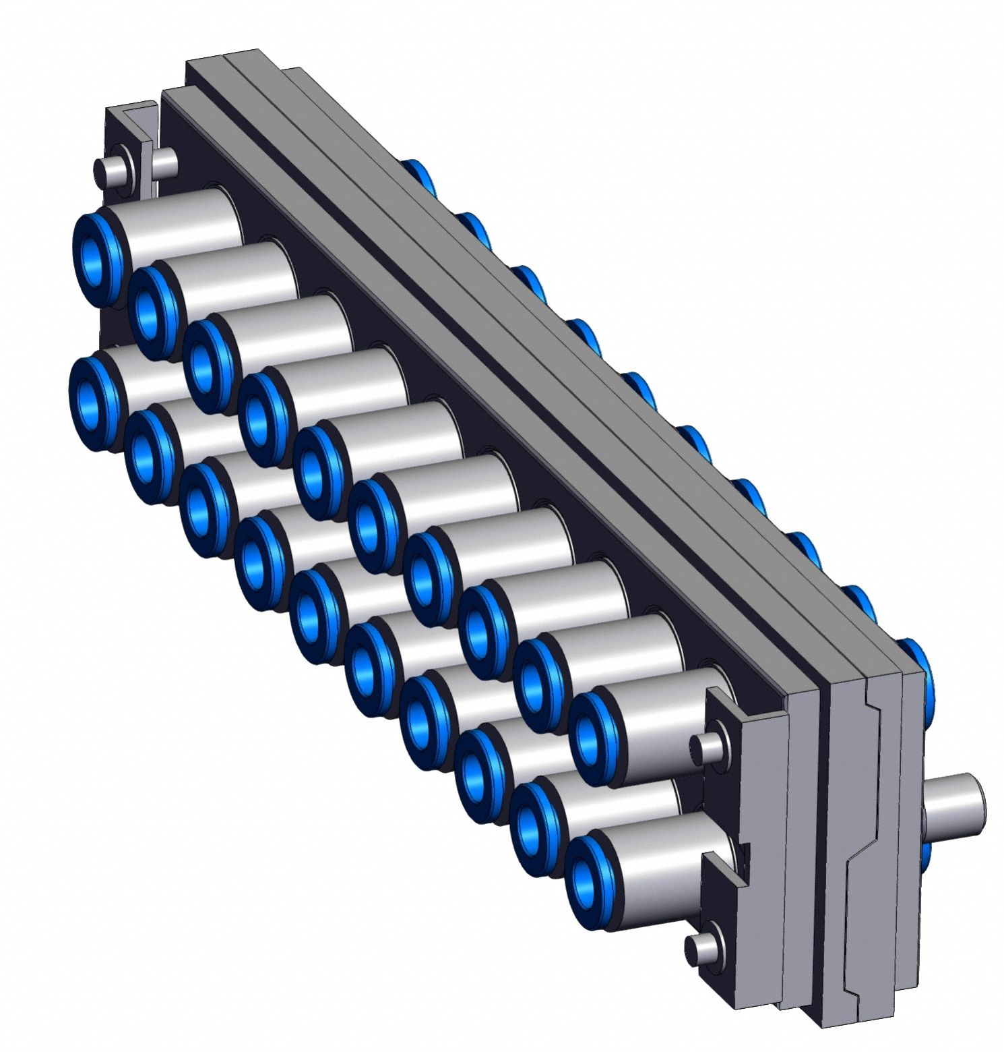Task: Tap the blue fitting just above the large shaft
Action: click(916, 664)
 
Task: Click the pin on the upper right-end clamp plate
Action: click(709, 746)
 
